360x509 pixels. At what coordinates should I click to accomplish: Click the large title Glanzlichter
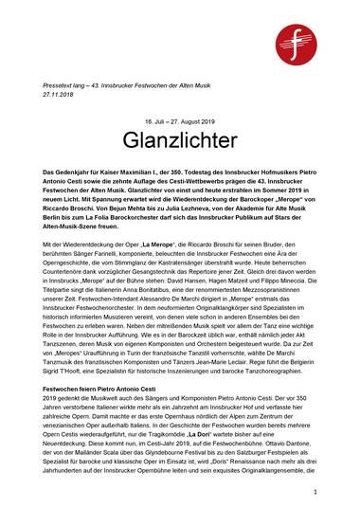tap(179, 141)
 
